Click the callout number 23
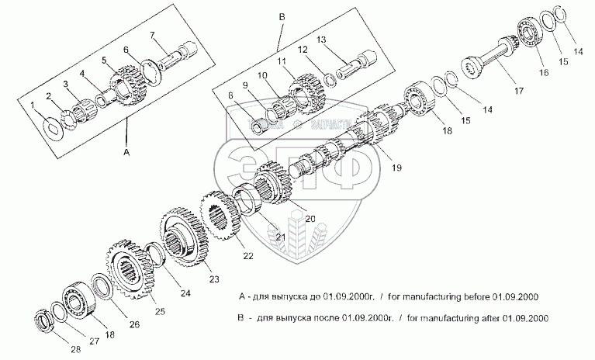(214, 279)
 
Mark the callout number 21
(280, 236)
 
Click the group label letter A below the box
(126, 154)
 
